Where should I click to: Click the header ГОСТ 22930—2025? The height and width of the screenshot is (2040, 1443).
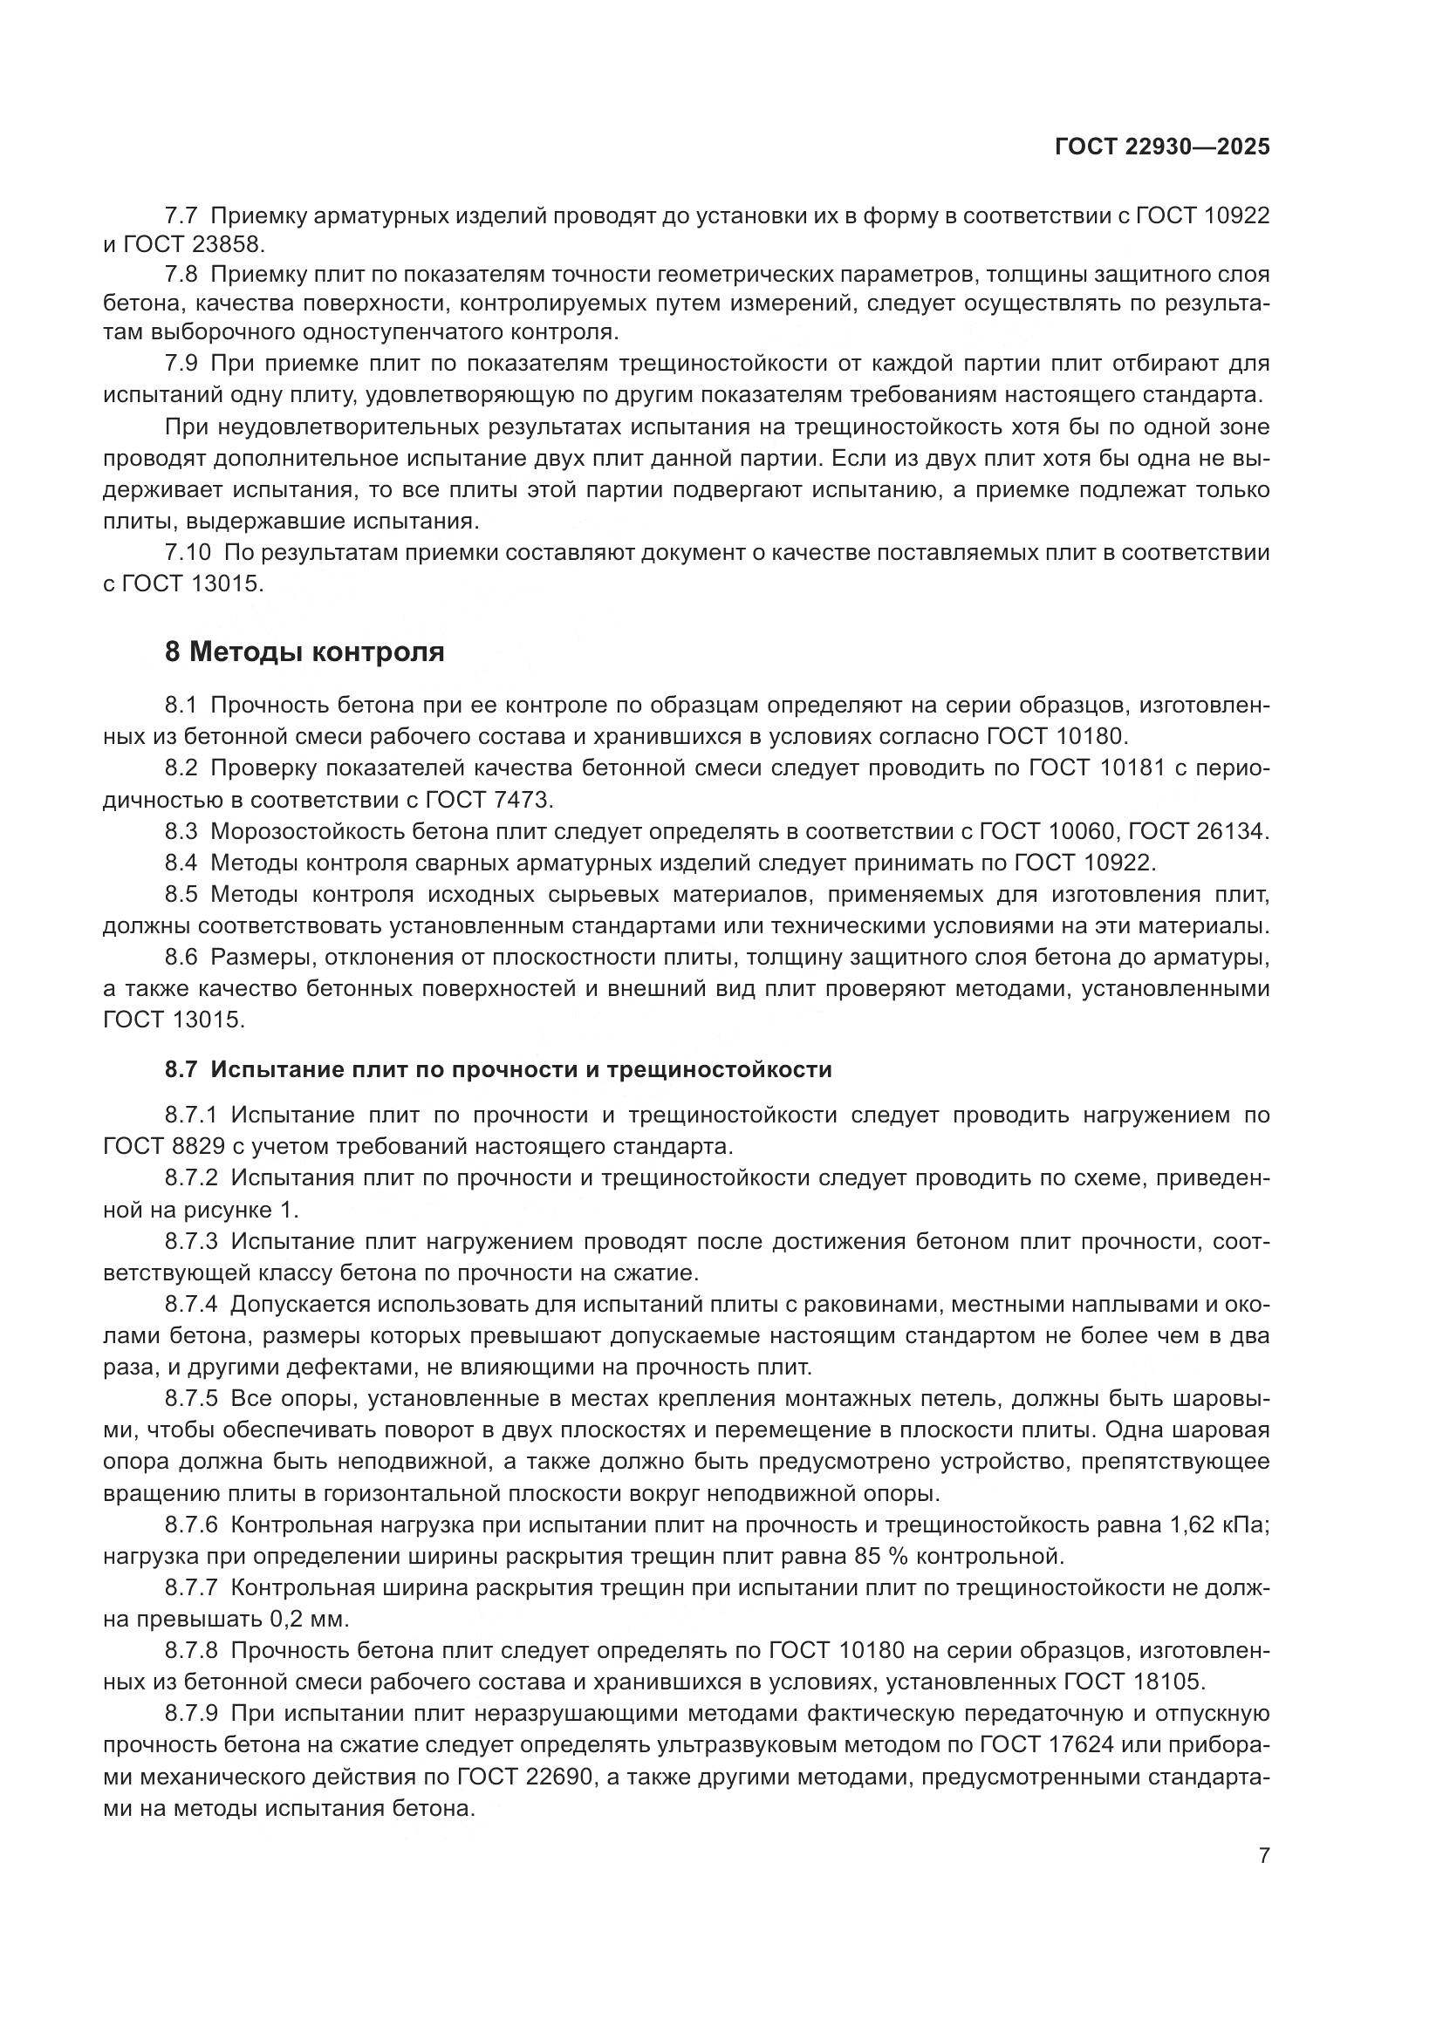(x=1161, y=147)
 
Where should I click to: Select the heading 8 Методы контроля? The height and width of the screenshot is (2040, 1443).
(x=304, y=652)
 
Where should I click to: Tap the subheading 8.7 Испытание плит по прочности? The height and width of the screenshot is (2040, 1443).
(x=497, y=1070)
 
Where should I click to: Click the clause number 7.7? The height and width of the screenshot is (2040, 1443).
(x=182, y=215)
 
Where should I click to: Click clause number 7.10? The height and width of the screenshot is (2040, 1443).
(x=188, y=553)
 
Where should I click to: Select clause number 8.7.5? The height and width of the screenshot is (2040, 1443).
(x=191, y=1398)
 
